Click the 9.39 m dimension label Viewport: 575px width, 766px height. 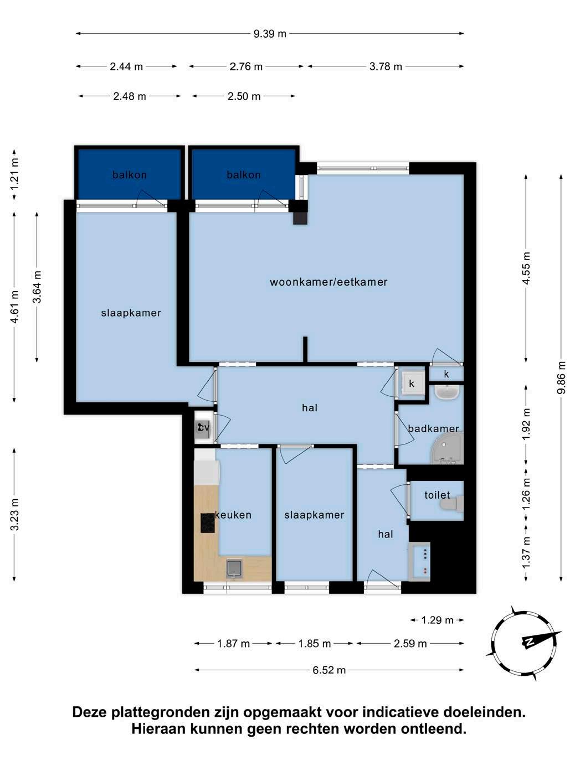[270, 34]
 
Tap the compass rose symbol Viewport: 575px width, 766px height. [523, 643]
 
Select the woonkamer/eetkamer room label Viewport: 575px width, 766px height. [328, 282]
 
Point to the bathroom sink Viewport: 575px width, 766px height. [447, 392]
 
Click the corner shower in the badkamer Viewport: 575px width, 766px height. [449, 448]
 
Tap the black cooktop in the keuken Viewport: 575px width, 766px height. [208, 523]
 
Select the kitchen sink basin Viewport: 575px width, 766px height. [235, 568]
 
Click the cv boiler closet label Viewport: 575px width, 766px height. [203, 427]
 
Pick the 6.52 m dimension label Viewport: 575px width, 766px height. [329, 670]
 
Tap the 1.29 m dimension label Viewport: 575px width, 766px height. [437, 620]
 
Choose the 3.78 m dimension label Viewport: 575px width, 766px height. [386, 66]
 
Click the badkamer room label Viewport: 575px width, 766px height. [433, 428]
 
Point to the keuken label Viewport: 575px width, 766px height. [233, 515]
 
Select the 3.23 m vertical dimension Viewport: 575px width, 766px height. [14, 515]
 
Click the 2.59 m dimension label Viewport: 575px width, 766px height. [410, 644]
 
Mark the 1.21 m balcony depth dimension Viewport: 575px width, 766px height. [14, 174]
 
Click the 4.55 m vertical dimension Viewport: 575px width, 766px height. [526, 268]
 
